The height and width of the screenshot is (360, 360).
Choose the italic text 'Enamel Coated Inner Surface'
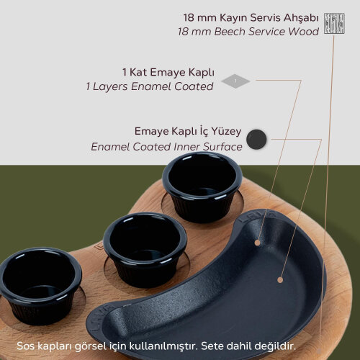pyautogui.click(x=166, y=146)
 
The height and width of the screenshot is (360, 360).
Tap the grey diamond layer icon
pyautogui.click(x=235, y=81)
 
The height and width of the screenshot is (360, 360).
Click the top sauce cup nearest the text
pyautogui.click(x=202, y=189)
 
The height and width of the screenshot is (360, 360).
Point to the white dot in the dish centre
pyautogui.click(x=280, y=278)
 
